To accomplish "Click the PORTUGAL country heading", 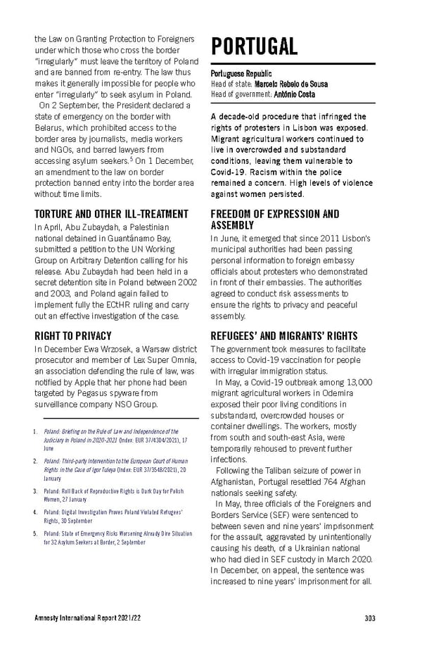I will point(253,46).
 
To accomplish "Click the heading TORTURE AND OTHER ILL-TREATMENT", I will point(110,213).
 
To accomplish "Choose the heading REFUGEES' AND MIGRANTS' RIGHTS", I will point(284,336).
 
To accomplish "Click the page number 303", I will point(370,618).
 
